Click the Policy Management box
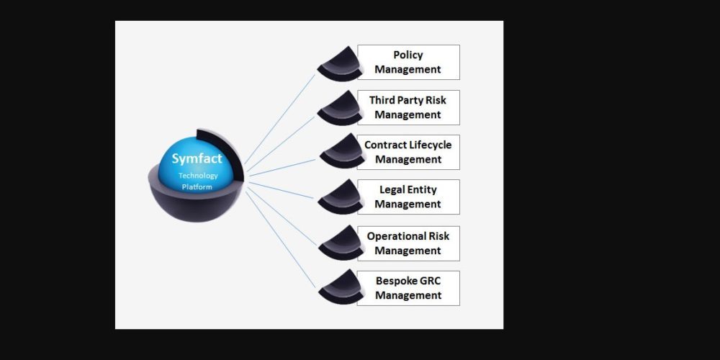click(x=408, y=63)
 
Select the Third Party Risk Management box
click(x=408, y=107)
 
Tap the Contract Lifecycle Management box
click(x=408, y=152)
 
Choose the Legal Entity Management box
click(x=408, y=197)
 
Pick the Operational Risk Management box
click(x=408, y=243)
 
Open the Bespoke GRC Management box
click(x=408, y=288)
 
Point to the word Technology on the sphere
click(x=198, y=176)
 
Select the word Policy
click(x=408, y=55)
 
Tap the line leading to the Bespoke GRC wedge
click(x=281, y=238)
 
